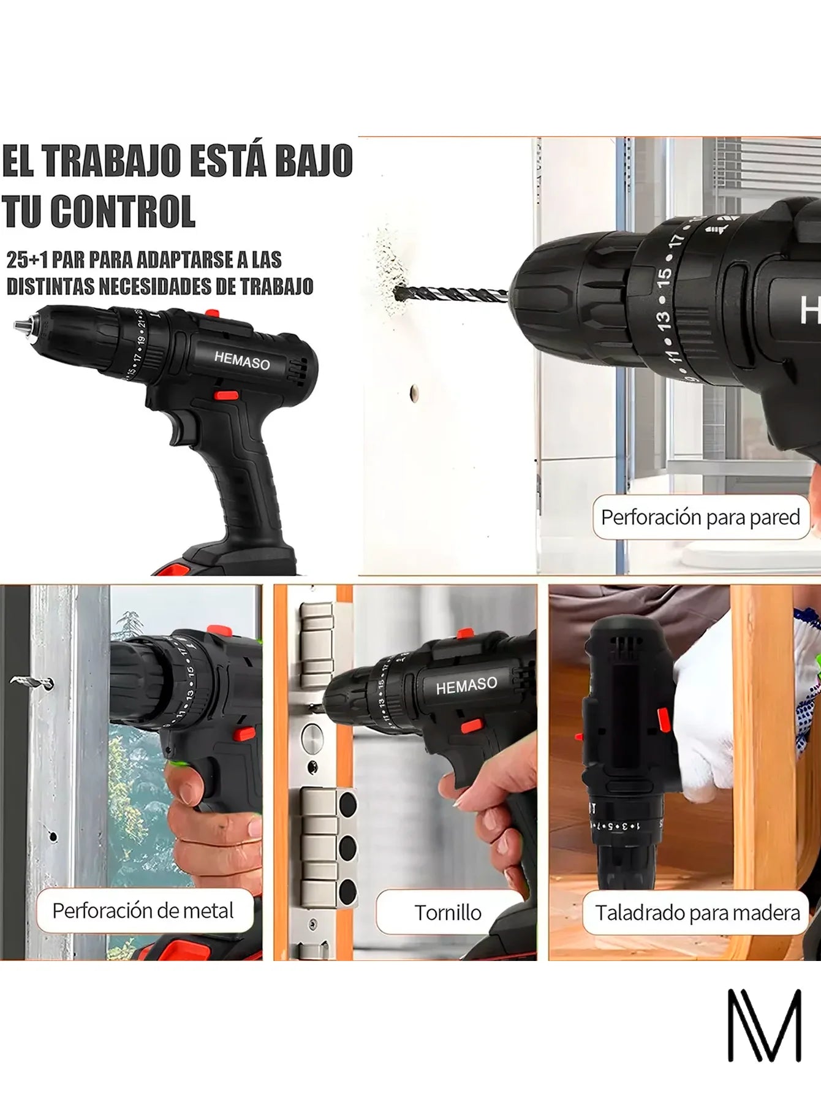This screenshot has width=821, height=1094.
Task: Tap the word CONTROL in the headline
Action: [123, 211]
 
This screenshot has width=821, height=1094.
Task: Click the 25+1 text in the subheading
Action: [26, 260]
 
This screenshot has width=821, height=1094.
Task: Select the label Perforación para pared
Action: [700, 517]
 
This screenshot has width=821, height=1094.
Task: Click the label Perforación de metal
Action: [143, 911]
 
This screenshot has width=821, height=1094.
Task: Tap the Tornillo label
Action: [448, 913]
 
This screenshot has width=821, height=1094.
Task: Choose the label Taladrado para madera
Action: [697, 913]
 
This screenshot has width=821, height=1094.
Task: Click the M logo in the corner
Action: [764, 1025]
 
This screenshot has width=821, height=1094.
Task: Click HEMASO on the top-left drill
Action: [241, 361]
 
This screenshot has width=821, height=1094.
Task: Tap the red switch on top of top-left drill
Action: [212, 314]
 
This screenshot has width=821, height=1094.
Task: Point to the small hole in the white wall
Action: [414, 390]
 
